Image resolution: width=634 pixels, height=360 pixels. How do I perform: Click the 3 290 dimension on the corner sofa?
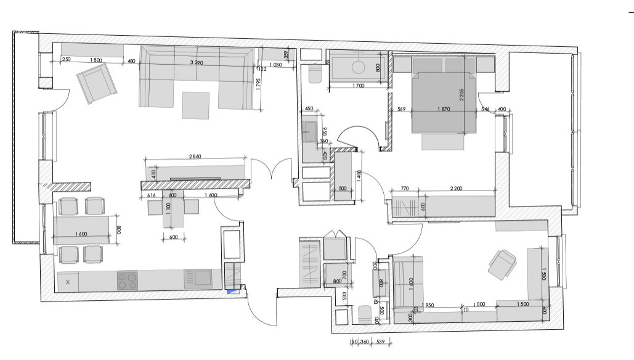pos(197,63)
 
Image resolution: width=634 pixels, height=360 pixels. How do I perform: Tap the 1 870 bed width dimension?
pos(444,109)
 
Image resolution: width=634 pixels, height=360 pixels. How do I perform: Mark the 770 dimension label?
pos(404,188)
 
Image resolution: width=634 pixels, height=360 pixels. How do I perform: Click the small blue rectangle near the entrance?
pos(232,292)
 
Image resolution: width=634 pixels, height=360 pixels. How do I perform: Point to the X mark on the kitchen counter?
pos(68,282)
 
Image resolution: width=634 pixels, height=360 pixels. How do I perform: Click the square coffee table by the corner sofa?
pos(195,104)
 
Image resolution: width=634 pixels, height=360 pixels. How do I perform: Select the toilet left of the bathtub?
pos(314,73)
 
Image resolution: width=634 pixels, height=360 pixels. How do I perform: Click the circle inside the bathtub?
pos(357,67)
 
